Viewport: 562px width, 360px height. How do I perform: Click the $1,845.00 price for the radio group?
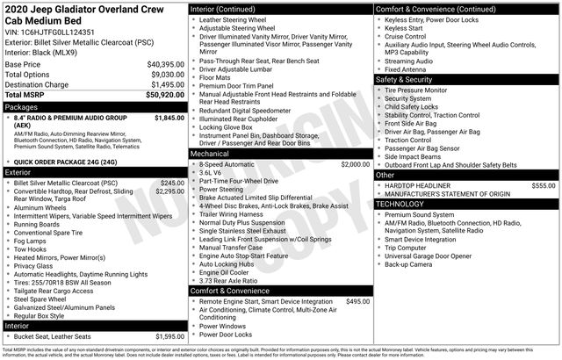pyautogui.click(x=169, y=117)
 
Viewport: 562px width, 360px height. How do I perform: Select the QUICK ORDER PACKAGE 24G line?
pyautogui.click(x=76, y=162)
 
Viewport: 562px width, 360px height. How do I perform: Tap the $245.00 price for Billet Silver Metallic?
pyautogui.click(x=172, y=183)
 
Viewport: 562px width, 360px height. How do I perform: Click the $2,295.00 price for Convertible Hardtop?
pyautogui.click(x=169, y=191)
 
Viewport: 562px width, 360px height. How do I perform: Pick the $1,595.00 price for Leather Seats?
pyautogui.click(x=169, y=336)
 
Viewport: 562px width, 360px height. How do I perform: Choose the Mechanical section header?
pyautogui.click(x=211, y=154)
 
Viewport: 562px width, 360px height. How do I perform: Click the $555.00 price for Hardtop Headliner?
pyautogui.click(x=543, y=185)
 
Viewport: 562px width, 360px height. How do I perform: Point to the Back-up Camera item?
pyautogui.click(x=410, y=263)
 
